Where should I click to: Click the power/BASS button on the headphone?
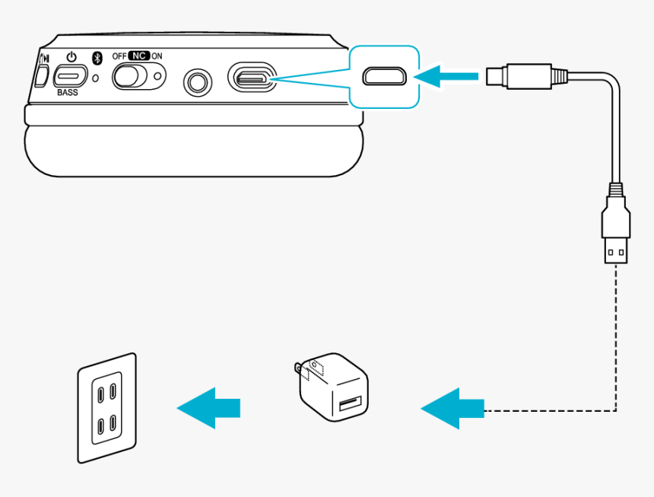coord(71,76)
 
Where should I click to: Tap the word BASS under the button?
coord(68,92)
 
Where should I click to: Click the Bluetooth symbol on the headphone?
coord(97,59)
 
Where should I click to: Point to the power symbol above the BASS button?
coord(71,57)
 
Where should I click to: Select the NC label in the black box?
coord(138,56)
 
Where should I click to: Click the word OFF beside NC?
coord(119,56)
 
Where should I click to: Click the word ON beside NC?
coord(157,56)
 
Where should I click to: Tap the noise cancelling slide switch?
coord(138,76)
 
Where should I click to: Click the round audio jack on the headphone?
coord(199,81)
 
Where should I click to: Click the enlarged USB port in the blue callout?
coord(385,76)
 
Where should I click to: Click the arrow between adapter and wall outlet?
coord(210,408)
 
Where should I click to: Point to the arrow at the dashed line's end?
coord(453,409)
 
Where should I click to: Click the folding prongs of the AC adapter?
coord(298,371)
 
